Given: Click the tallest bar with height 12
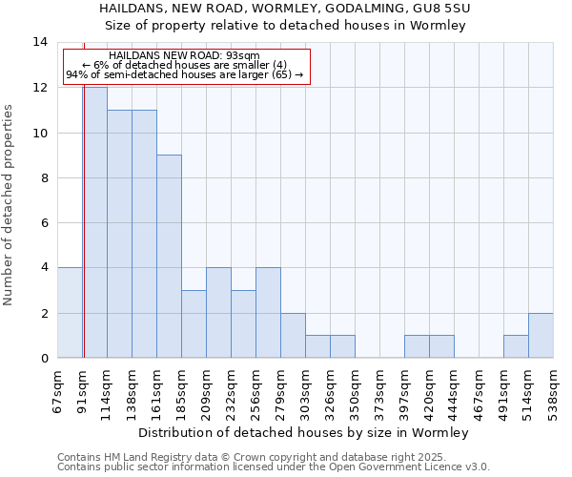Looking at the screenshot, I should click(94, 222).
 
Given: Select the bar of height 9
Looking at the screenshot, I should click(169, 256).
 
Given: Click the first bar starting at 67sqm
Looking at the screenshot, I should click(70, 312).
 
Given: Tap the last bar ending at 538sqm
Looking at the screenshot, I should click(541, 335).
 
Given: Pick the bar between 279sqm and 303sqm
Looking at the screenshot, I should click(293, 335).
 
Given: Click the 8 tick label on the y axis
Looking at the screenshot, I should click(43, 178).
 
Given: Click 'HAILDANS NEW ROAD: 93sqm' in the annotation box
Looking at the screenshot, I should click(185, 55).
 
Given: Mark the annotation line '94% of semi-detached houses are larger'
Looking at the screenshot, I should click(185, 74).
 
